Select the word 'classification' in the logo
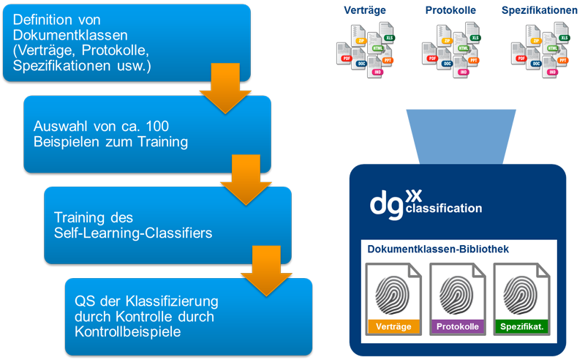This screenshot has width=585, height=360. [x=443, y=209]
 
